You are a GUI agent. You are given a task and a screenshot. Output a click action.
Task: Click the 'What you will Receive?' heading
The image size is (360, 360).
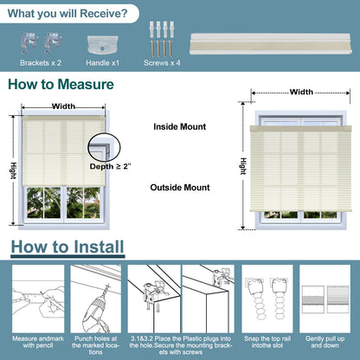click(x=67, y=14)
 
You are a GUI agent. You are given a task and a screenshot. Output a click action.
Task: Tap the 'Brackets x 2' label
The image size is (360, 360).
click(x=41, y=63)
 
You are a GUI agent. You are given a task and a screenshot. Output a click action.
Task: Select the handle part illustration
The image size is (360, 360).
click(x=102, y=45)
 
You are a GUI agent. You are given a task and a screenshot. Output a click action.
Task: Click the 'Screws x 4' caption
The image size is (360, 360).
click(x=162, y=63)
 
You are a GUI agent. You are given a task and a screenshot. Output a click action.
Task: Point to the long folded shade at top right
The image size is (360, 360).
click(x=271, y=43)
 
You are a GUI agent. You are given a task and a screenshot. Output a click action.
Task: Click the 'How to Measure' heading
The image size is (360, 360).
click(x=61, y=84)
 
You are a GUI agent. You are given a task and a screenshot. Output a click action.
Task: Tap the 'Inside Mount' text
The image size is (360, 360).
click(x=180, y=126)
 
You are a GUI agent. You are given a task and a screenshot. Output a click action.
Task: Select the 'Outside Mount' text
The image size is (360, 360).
click(x=180, y=188)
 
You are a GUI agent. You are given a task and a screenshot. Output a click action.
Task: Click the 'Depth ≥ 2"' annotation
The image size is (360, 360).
click(x=110, y=166)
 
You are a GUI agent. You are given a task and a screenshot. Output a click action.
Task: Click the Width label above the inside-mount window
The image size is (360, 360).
click(x=63, y=106)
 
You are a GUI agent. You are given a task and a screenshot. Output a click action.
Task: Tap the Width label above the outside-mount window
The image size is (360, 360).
click(x=301, y=92)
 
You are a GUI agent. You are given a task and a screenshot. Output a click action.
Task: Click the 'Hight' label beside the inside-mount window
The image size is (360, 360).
click(x=13, y=170)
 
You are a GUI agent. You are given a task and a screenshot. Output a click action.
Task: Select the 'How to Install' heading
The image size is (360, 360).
click(x=67, y=247)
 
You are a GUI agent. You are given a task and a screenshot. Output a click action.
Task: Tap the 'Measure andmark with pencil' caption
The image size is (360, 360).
click(x=38, y=342)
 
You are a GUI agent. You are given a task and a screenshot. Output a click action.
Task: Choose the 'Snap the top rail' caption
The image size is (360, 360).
click(x=267, y=338)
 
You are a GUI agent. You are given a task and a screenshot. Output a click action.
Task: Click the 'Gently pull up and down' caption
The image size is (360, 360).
click(x=325, y=342)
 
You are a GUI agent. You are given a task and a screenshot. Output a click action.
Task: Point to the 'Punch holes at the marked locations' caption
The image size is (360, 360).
click(x=95, y=345)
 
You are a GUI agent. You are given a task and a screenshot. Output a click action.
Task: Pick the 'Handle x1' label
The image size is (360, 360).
click(x=102, y=63)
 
